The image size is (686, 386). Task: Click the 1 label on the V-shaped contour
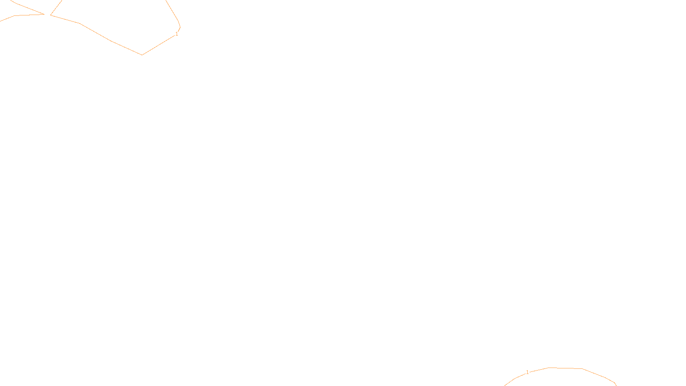177,34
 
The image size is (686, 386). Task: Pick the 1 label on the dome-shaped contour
527,372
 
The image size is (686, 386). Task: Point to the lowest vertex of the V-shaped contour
142,54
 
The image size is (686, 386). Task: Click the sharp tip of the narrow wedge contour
45,14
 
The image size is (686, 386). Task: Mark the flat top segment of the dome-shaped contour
565,368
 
